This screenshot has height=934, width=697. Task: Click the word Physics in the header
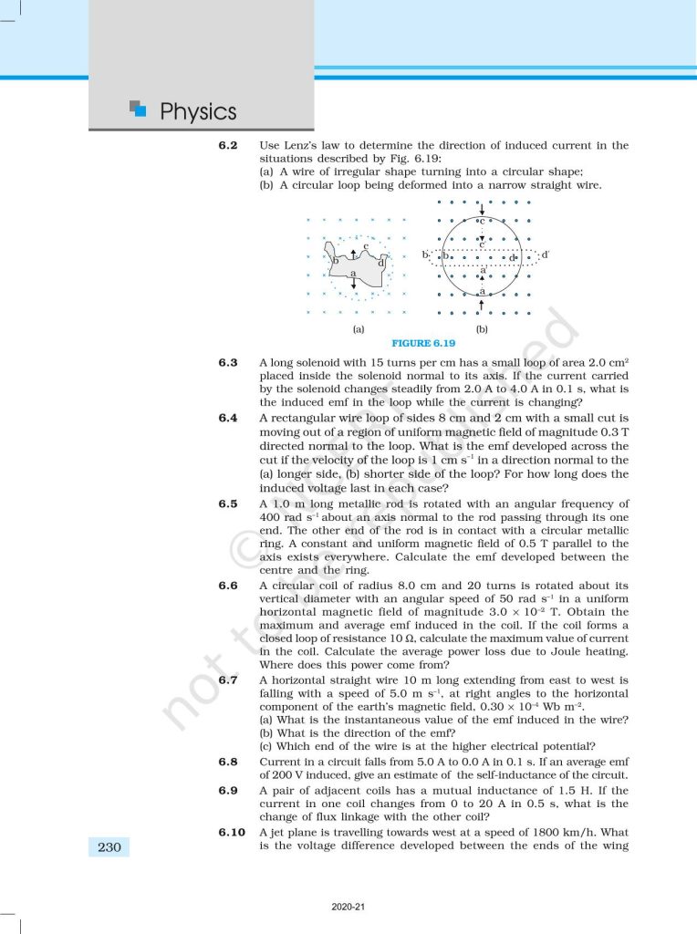198,111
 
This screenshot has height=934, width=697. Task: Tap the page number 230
109,847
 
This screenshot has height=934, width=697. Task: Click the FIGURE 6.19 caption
422,343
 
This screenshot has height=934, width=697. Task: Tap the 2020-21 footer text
348,908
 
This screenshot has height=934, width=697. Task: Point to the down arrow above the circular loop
482,210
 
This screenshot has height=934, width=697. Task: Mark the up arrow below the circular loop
482,302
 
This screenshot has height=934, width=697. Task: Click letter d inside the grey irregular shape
380,264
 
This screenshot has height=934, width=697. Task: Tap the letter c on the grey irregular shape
365,246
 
